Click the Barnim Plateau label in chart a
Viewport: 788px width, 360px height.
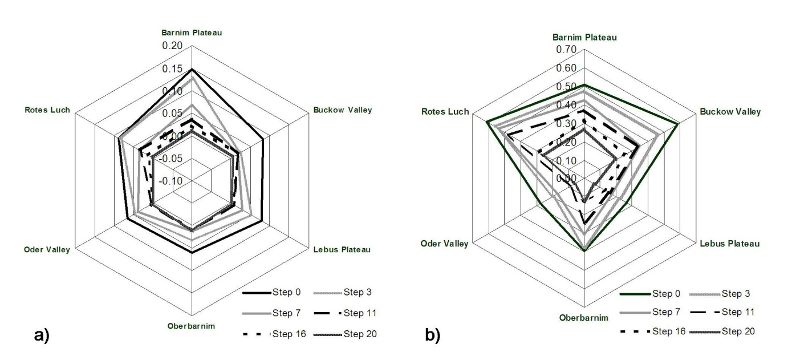[191, 33]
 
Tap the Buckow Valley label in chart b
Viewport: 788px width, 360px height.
[730, 112]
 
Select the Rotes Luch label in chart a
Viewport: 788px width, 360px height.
[47, 110]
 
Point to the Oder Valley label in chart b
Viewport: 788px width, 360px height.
[444, 244]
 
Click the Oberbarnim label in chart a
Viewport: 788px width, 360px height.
[191, 326]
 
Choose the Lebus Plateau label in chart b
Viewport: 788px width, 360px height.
[730, 244]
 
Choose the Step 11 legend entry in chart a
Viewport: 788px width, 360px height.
[359, 313]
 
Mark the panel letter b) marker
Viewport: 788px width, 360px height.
[433, 335]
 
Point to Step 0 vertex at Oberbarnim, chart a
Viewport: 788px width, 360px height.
[192, 252]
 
